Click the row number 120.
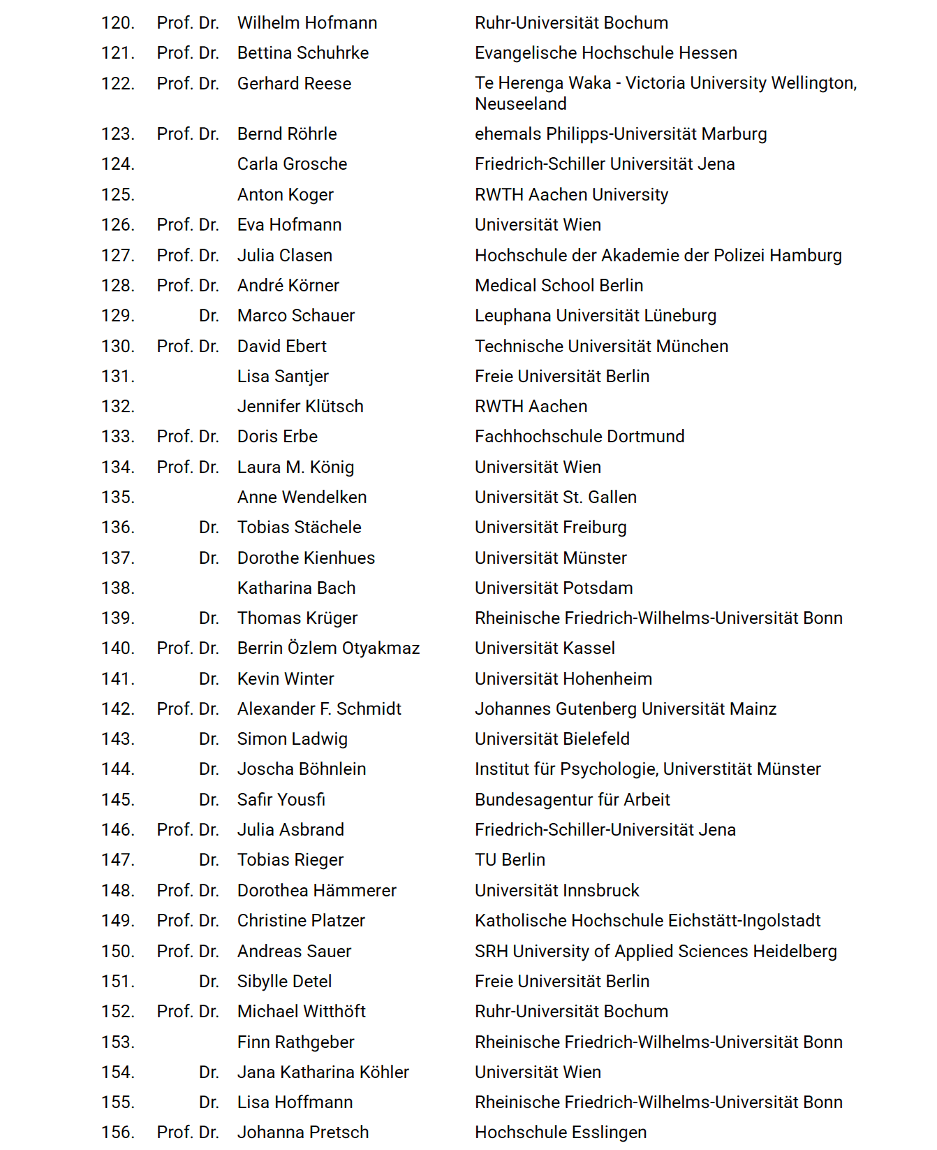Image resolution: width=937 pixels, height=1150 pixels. (x=117, y=23)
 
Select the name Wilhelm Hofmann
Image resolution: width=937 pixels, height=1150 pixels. (x=307, y=23)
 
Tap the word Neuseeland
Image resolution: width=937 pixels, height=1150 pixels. (x=520, y=104)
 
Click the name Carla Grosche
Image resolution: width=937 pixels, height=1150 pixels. (x=292, y=164)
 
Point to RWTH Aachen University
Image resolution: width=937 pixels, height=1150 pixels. (x=571, y=195)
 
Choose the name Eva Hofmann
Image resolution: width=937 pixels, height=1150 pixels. (x=289, y=225)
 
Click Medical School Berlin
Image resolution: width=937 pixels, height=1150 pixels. (x=559, y=286)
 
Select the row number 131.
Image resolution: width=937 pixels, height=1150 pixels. (x=117, y=377)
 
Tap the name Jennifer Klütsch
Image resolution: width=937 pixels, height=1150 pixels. (x=300, y=407)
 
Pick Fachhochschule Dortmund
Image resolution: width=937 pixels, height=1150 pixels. (x=580, y=437)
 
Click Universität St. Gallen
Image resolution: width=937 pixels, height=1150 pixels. (x=555, y=497)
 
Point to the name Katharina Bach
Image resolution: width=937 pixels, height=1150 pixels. (x=296, y=588)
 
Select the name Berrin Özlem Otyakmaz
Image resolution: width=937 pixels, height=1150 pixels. (x=328, y=648)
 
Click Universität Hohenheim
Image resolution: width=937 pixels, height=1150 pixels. (x=563, y=679)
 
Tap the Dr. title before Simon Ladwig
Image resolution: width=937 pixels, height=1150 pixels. (x=209, y=739)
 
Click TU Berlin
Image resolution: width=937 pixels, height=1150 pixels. (x=510, y=860)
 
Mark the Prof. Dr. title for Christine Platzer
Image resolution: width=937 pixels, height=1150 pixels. (x=188, y=921)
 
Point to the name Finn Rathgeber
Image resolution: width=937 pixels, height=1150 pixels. (x=295, y=1042)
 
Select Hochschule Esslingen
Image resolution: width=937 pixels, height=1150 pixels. (x=560, y=1133)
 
